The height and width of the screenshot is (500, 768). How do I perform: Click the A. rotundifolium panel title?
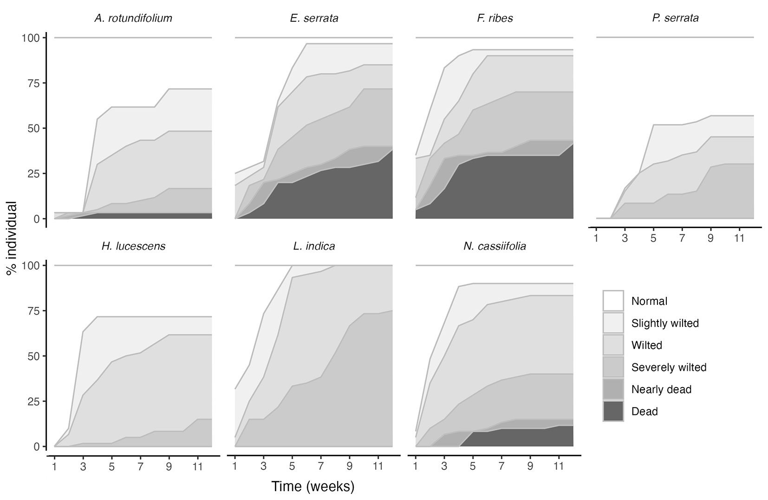click(x=133, y=19)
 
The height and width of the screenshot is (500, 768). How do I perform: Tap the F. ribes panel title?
click(x=495, y=19)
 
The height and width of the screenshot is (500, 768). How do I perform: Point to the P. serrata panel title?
click(x=675, y=19)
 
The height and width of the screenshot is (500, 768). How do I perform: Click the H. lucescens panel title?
click(x=133, y=246)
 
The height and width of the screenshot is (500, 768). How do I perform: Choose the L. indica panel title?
click(x=314, y=246)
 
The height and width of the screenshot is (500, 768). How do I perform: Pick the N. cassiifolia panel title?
click(x=495, y=246)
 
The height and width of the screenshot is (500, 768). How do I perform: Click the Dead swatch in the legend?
click(x=613, y=411)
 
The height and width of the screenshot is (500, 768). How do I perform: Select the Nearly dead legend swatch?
click(x=613, y=389)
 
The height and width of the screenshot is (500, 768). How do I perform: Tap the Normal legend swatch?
click(x=613, y=301)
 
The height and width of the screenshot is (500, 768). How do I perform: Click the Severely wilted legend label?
click(x=669, y=368)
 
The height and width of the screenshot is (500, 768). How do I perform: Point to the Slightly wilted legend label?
click(x=665, y=323)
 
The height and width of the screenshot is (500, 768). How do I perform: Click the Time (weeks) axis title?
click(x=313, y=487)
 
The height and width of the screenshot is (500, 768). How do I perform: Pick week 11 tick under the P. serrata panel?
click(x=739, y=238)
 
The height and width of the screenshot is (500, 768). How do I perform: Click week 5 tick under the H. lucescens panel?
click(x=112, y=466)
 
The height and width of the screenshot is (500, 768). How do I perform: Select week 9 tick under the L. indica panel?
click(x=350, y=466)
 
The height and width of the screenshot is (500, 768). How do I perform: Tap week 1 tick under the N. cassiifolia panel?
click(x=416, y=466)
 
